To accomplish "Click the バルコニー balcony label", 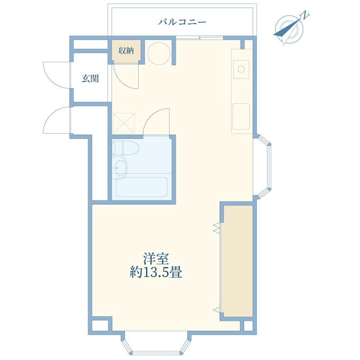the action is pyautogui.click(x=182, y=22).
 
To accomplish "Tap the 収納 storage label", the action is pyautogui.click(x=126, y=50).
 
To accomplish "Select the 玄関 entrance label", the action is pyautogui.click(x=90, y=78).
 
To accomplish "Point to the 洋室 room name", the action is pyautogui.click(x=156, y=258).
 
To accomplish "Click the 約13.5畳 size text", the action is pyautogui.click(x=156, y=273).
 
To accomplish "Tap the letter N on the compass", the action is pyautogui.click(x=305, y=15).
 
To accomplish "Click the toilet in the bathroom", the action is pyautogui.click(x=126, y=148).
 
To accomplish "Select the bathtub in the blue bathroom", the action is pyautogui.click(x=142, y=187).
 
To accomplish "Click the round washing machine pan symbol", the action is pyautogui.click(x=159, y=53).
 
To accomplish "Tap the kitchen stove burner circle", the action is pyautogui.click(x=241, y=69).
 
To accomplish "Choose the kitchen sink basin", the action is pyautogui.click(x=241, y=117).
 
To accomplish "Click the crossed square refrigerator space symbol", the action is pyautogui.click(x=124, y=123).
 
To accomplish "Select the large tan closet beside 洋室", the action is pyautogui.click(x=238, y=261).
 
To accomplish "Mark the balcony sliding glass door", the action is pyautogui.click(x=199, y=38).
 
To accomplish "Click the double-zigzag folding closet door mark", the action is pyautogui.click(x=217, y=228).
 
